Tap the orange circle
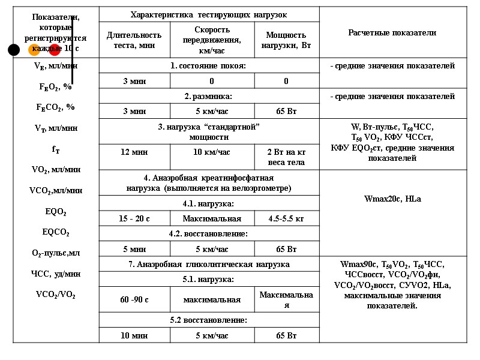[34, 50]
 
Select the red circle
[55, 50]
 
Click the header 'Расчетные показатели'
[392, 33]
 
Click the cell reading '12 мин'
[134, 152]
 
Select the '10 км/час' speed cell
[212, 152]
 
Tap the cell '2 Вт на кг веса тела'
[286, 157]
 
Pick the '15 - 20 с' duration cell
[134, 219]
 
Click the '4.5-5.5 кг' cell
[286, 219]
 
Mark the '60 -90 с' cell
[134, 299]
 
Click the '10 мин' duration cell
[134, 335]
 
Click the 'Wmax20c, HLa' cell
[392, 199]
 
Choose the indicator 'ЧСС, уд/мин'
[55, 274]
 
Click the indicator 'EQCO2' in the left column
[55, 232]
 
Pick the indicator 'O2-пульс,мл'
[55, 253]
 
